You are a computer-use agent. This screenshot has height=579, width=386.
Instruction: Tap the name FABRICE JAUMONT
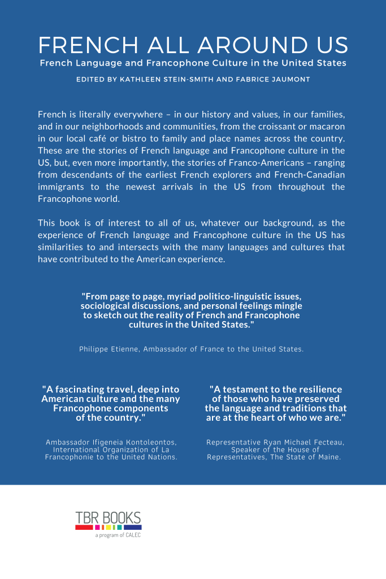pyautogui.click(x=277, y=80)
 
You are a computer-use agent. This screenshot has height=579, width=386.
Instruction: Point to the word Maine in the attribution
pyautogui.click(x=328, y=457)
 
